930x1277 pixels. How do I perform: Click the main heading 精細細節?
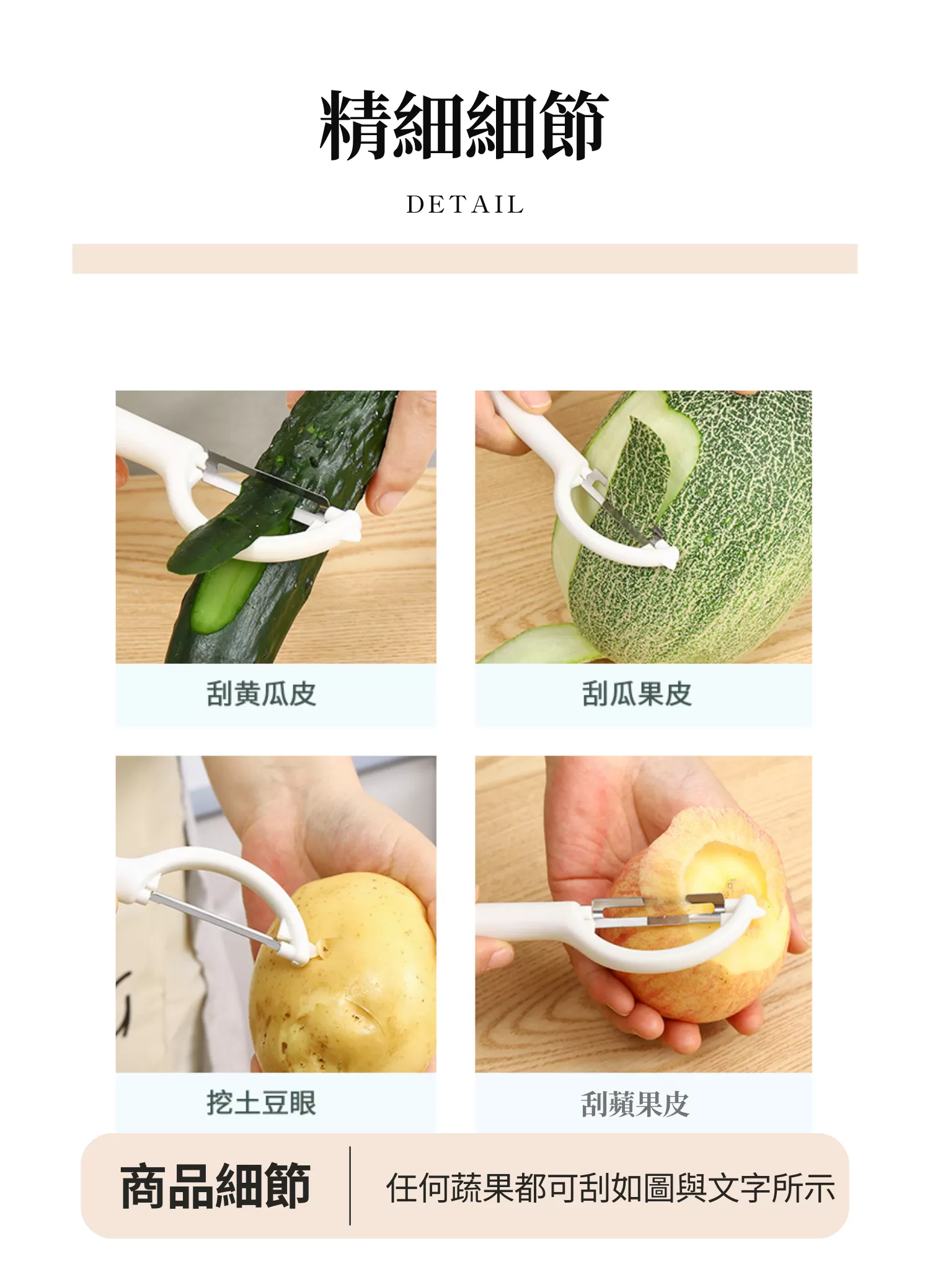pos(464,126)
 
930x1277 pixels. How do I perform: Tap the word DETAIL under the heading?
pos(465,205)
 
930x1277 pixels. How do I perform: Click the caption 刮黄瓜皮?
pos(261,694)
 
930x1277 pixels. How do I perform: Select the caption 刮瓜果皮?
pos(637,694)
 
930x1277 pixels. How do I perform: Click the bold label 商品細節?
pos(215,1186)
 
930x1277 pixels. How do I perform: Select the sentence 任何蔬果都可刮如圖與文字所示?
pos(610,1188)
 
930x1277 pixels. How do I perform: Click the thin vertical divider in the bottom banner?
pos(350,1186)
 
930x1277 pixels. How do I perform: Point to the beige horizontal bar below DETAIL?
pos(464,258)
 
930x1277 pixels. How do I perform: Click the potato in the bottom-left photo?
pos(347,986)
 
